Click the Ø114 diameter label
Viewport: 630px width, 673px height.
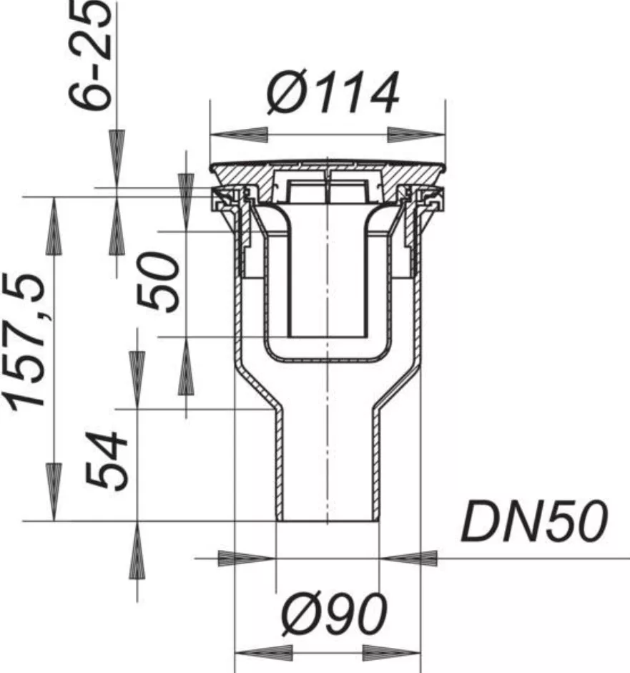click(x=333, y=93)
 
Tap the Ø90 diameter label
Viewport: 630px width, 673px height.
click(x=334, y=614)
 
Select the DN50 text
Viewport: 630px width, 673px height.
click(x=534, y=521)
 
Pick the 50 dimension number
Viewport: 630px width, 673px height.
click(x=158, y=281)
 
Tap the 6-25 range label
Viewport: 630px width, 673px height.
click(x=91, y=55)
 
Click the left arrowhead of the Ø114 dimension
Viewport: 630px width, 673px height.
click(x=239, y=135)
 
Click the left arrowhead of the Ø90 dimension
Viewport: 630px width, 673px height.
click(x=264, y=653)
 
